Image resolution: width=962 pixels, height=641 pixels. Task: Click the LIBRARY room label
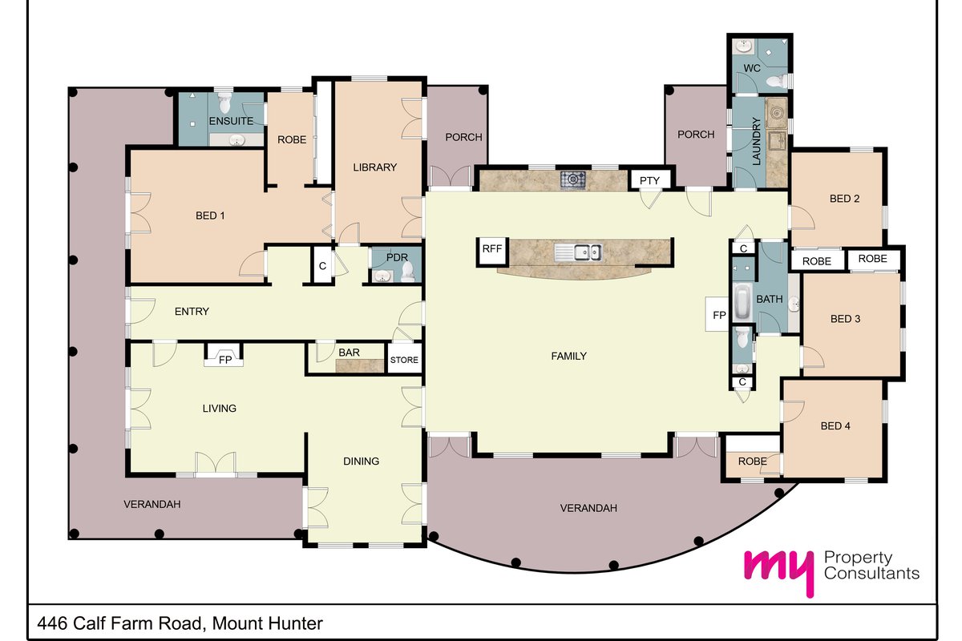coord(374,167)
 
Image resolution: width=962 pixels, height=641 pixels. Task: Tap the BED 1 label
coord(210,216)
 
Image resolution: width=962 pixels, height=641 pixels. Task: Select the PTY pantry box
coord(649,180)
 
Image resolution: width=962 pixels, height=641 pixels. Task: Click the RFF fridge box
coord(492,251)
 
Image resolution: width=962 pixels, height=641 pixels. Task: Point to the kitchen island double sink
coord(578,252)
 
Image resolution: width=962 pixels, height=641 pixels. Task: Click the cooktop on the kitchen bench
coord(572,180)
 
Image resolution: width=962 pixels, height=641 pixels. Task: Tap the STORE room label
coord(404,360)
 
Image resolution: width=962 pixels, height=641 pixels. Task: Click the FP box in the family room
coord(718,315)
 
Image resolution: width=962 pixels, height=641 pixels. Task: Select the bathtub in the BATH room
coord(742,302)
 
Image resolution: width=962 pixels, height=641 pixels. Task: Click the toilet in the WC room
coord(776,80)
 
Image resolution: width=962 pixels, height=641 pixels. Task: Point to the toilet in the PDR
coord(407,272)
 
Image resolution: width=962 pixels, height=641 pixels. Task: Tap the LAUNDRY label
coord(756,142)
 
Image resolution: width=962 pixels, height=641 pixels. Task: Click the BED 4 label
coord(835,426)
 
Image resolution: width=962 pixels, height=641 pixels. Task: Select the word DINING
coord(361,461)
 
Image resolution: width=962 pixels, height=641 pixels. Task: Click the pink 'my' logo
coord(779,572)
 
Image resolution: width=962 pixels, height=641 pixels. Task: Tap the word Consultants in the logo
coord(871,573)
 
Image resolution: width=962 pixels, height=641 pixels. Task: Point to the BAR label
coord(349,353)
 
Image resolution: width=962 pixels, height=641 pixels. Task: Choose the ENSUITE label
coord(231,121)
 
